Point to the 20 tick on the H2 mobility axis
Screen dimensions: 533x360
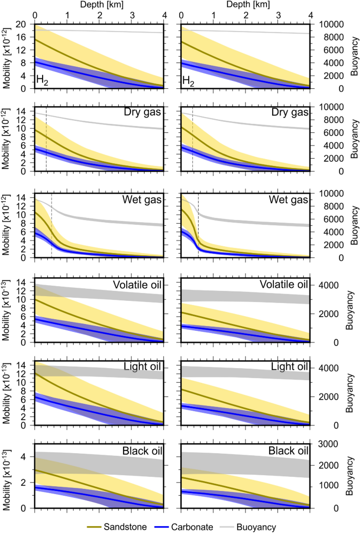pos(22,25)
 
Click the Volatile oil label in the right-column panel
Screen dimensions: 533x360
pos(283,285)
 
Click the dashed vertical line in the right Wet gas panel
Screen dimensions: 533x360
pos(198,226)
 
